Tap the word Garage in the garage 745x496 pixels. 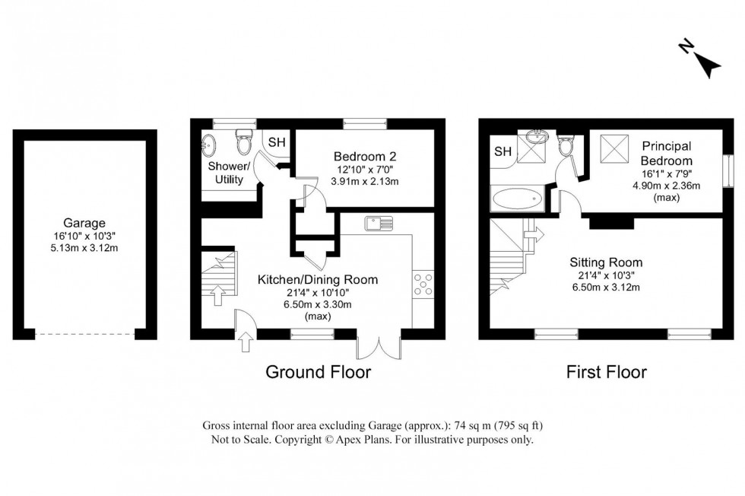pyautogui.click(x=84, y=224)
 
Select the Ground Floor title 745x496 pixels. pyautogui.click(x=317, y=372)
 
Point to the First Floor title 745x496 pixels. pyautogui.click(x=607, y=372)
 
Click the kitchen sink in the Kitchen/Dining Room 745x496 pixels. pyautogui.click(x=377, y=223)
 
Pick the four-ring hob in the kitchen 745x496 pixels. pyautogui.click(x=423, y=284)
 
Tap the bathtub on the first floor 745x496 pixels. pyautogui.click(x=517, y=200)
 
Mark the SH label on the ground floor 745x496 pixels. pyautogui.click(x=277, y=142)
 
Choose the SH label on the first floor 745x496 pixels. pyautogui.click(x=502, y=151)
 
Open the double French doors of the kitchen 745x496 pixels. pyautogui.click(x=378, y=345)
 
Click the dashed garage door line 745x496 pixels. pyautogui.click(x=85, y=334)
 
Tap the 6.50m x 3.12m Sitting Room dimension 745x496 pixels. pyautogui.click(x=607, y=287)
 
